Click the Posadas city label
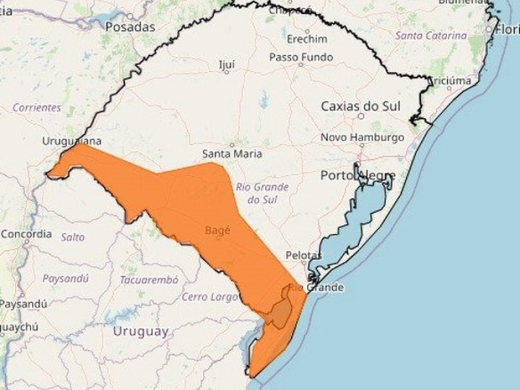coord(131,27)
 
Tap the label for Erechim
coord(307,39)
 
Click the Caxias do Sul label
coord(361,106)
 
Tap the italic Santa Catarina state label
coord(430,35)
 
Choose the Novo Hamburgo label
coord(362,138)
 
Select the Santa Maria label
coord(232,154)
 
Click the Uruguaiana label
coord(72,141)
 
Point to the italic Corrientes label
coord(36,108)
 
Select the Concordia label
coord(26,233)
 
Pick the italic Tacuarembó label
coord(148,279)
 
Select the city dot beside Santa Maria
coord(231,144)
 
